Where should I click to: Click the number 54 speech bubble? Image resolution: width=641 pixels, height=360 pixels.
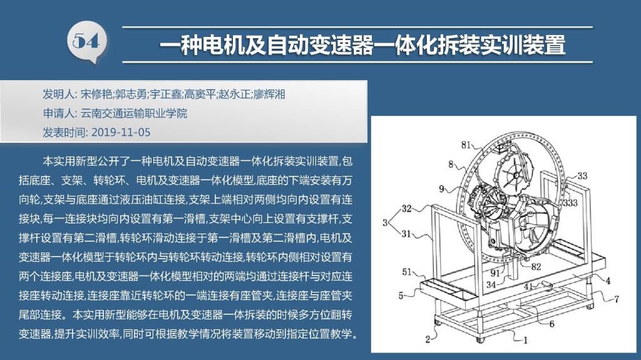[86, 42]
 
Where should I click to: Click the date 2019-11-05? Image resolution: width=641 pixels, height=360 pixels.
[121, 132]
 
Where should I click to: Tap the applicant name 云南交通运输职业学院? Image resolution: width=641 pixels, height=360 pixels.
[134, 113]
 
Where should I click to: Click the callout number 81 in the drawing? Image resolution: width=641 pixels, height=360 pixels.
[466, 145]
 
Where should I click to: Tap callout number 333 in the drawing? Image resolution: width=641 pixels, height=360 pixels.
[570, 202]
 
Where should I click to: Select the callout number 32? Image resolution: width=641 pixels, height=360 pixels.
[406, 208]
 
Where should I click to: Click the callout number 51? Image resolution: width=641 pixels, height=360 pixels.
[407, 272]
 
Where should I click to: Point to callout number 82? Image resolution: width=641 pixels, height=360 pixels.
[536, 267]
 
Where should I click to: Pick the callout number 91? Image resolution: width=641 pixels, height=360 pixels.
[495, 273]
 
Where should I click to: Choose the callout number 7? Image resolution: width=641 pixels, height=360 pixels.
[617, 299]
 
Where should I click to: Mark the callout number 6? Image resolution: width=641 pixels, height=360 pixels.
[551, 324]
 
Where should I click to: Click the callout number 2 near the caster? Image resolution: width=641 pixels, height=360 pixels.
[428, 339]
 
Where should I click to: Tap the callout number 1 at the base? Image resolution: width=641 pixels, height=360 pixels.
[526, 339]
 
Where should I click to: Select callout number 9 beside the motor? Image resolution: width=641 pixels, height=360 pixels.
[441, 188]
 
